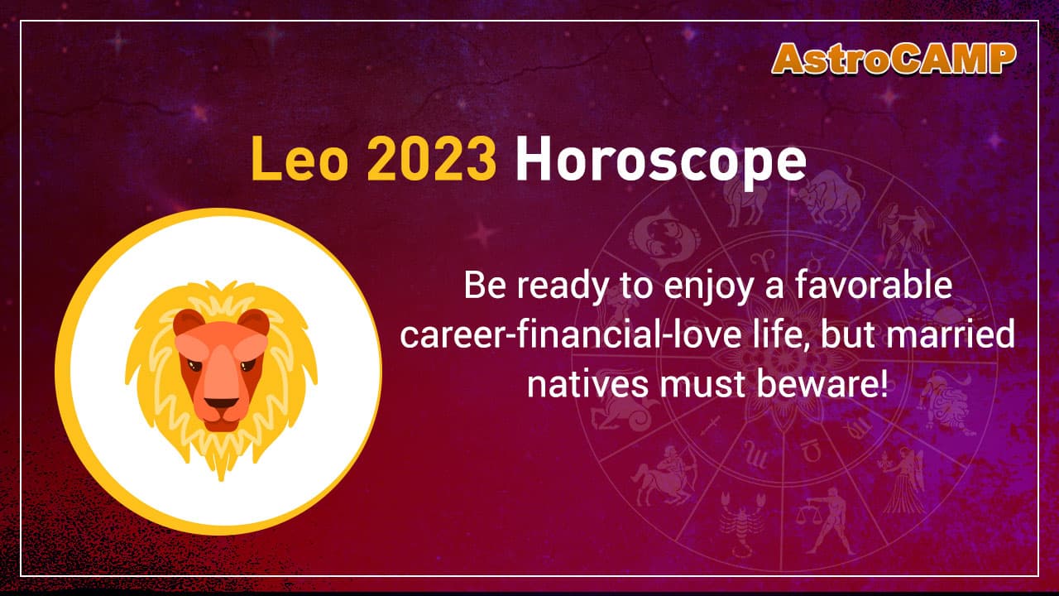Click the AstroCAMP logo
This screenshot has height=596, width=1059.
tap(894, 59)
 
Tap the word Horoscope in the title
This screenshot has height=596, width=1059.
tap(659, 163)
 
